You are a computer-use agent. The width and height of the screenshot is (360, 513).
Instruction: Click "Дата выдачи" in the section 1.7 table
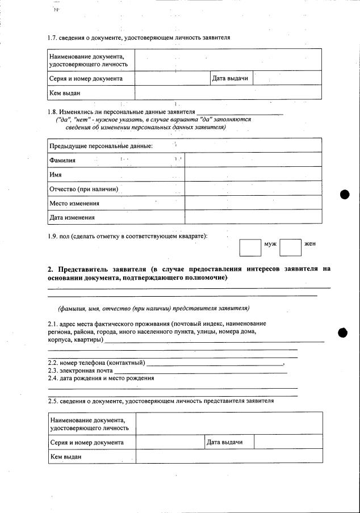tap(230, 78)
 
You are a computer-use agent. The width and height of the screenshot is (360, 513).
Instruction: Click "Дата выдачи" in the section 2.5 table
tap(225, 442)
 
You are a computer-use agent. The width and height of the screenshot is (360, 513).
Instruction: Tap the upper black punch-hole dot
tap(344, 194)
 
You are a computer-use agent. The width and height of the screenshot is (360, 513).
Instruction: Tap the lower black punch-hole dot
tap(343, 333)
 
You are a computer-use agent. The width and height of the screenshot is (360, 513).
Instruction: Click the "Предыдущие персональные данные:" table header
tap(101, 146)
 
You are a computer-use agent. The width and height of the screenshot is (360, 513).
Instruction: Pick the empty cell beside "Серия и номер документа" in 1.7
tap(172, 78)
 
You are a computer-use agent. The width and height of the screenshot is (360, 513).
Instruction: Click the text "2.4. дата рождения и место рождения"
tap(101, 378)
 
